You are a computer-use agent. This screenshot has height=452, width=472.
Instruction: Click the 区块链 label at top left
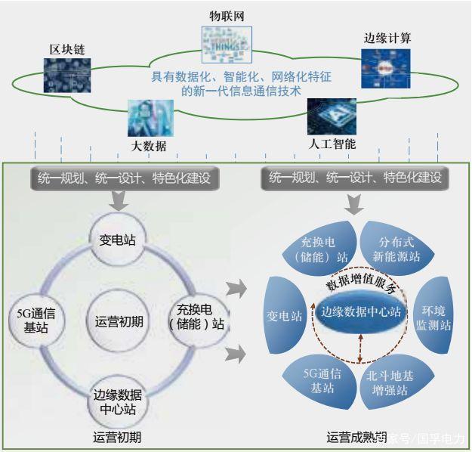coord(66,49)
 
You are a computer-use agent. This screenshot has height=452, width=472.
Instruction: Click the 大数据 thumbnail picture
coord(150,116)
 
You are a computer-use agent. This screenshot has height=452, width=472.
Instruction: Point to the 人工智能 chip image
coord(331,116)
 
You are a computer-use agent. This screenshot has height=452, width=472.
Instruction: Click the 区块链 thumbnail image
coord(66,74)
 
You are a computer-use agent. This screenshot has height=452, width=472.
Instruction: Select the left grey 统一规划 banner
coord(120,179)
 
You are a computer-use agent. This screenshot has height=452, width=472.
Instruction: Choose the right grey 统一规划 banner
coord(354,179)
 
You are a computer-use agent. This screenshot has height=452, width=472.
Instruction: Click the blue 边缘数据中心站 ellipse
coord(361,311)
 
